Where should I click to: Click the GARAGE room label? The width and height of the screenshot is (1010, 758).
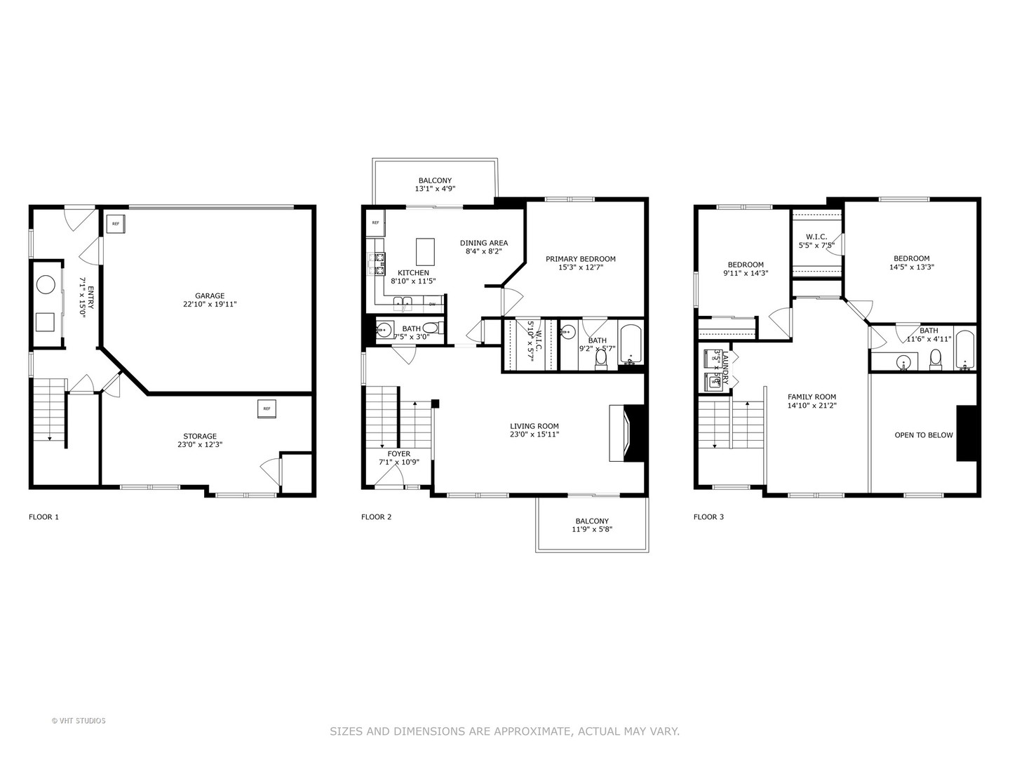click(210, 295)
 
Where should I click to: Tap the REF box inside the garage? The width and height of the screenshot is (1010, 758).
click(115, 224)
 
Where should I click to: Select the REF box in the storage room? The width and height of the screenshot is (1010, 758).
click(267, 408)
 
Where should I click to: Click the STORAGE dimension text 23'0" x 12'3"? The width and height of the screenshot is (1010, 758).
click(200, 445)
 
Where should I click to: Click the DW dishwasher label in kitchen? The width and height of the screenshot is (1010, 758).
click(432, 304)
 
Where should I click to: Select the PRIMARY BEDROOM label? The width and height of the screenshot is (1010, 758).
click(580, 259)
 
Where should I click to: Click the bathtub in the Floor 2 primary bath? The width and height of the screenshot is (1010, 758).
click(630, 343)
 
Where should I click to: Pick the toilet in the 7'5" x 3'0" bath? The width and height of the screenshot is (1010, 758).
click(430, 328)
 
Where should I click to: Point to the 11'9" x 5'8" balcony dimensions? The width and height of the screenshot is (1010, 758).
click(591, 531)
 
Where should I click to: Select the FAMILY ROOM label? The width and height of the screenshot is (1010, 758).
click(812, 397)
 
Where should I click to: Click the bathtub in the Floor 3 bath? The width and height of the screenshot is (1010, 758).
click(965, 349)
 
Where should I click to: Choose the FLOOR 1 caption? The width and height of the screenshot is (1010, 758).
click(43, 517)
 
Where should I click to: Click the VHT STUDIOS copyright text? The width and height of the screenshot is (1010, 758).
click(79, 721)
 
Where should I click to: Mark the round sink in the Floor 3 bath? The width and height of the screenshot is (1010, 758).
click(904, 362)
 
